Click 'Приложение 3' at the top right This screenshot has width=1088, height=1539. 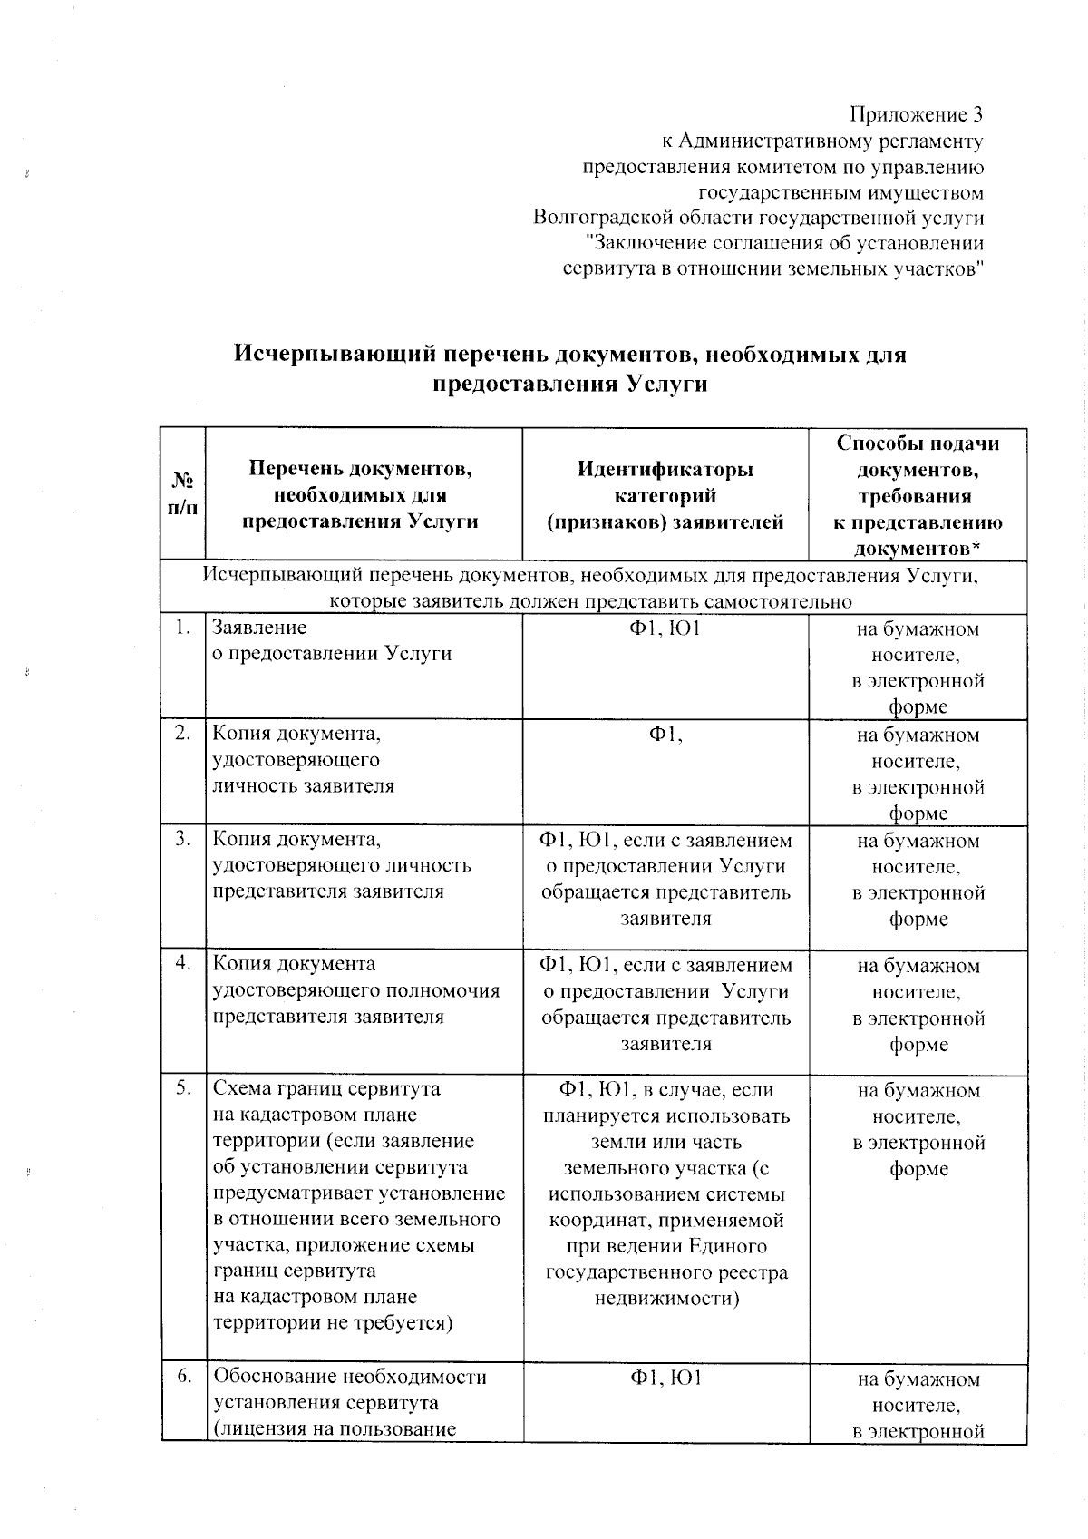coord(916,115)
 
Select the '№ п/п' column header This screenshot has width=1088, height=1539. coord(182,494)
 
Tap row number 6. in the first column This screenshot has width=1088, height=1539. coord(184,1377)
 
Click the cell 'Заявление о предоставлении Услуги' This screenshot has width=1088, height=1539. coord(331,640)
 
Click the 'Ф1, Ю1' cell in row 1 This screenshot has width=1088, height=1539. coord(665,628)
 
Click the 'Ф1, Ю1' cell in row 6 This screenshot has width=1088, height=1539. coord(665,1378)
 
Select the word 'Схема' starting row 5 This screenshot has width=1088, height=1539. coord(239,1088)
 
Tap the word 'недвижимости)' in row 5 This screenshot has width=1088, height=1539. coord(666,1298)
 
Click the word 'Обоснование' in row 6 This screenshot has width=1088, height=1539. coord(276,1377)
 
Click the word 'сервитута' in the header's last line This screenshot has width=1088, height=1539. coord(605,269)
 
